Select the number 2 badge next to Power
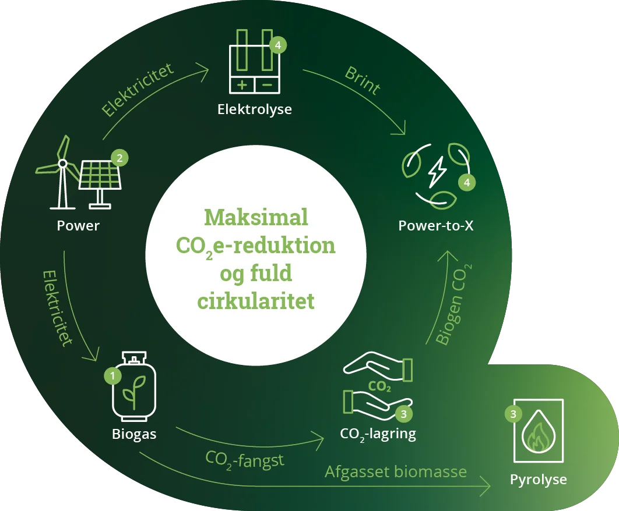pos(119,158)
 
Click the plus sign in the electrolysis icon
pos(242,85)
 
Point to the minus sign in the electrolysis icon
pos(267,85)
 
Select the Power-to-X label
pos(436,226)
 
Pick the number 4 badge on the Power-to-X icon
pos(466,182)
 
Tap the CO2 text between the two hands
pos(379,386)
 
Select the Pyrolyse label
pos(538,480)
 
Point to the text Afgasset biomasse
pos(396,471)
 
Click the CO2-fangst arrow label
pos(245,460)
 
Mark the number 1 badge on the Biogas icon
pos(112,376)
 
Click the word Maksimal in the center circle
pos(256,218)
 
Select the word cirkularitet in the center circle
pos(256,301)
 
